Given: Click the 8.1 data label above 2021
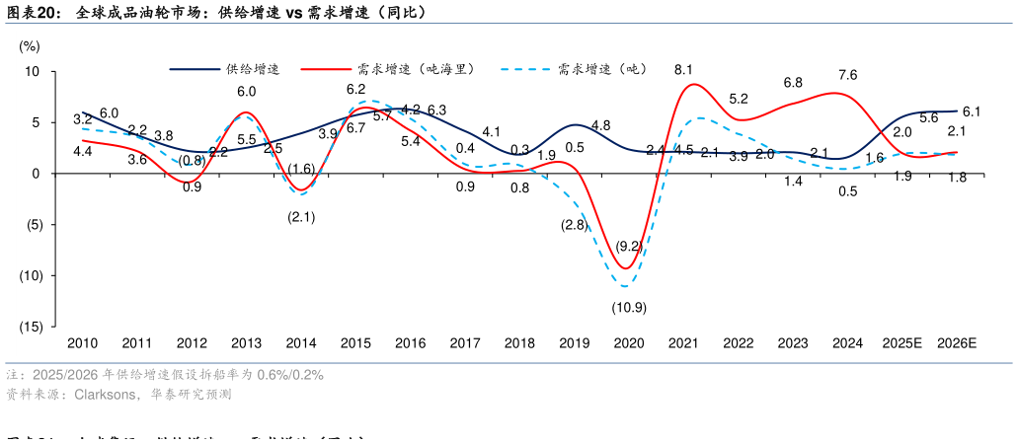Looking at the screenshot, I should click(683, 69).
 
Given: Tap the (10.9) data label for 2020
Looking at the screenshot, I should click(628, 307).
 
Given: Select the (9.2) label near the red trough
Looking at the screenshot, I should click(629, 245).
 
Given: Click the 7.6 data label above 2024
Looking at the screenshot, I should click(847, 75).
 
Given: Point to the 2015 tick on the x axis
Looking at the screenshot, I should click(355, 343).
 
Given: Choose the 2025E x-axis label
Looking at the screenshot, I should click(901, 343).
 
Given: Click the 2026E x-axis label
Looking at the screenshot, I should click(956, 343).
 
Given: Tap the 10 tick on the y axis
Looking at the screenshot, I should click(32, 72).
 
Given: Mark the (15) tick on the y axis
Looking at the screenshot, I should click(30, 326).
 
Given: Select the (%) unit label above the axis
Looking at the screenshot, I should click(30, 45).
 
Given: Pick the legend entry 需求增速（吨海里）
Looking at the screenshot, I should click(416, 69).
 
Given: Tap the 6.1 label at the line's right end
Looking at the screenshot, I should click(971, 111).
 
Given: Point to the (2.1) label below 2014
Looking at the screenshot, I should click(301, 217).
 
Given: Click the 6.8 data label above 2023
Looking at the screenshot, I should click(793, 83).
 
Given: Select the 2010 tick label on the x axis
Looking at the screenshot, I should click(82, 343).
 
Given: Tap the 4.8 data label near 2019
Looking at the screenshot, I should click(600, 125).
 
